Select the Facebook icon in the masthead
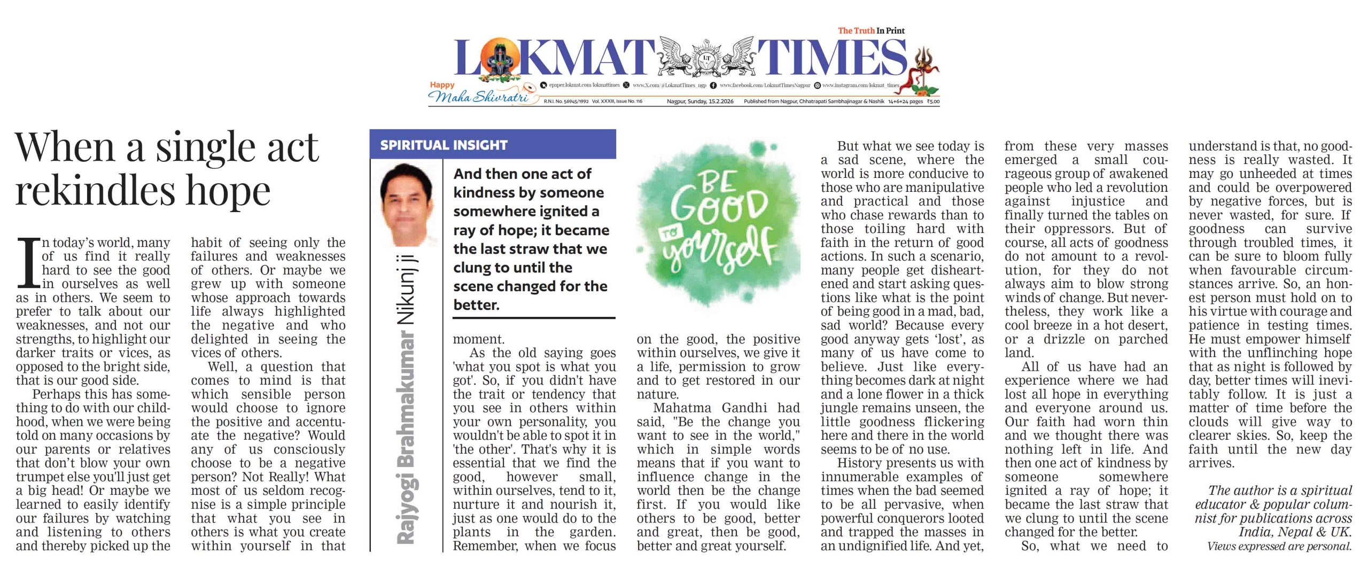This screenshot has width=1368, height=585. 713,85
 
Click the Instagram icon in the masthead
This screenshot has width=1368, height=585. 817,85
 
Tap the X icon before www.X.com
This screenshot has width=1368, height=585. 626,85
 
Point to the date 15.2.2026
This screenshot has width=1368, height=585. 720,102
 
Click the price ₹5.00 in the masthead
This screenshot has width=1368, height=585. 933,102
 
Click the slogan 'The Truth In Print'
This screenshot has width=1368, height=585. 871,31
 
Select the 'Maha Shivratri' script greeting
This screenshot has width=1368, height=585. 478,97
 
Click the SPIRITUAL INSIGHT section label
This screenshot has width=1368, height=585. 444,145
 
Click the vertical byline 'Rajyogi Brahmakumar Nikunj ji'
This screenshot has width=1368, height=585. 407,401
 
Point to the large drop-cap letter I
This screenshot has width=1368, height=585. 28,263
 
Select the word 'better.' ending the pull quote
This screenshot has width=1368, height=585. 476,305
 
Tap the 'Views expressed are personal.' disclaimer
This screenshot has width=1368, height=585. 1279,547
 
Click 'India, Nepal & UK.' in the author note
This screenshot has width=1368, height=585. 1295,532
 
